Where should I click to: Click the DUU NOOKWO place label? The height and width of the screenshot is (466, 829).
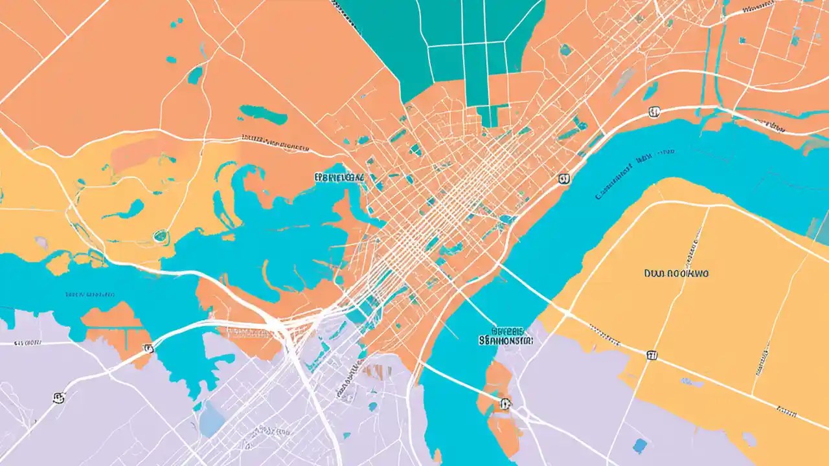(676, 274)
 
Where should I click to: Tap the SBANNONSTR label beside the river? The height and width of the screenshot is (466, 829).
(505, 339)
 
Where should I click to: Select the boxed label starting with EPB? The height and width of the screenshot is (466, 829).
(339, 176)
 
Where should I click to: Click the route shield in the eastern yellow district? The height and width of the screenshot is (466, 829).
(651, 353)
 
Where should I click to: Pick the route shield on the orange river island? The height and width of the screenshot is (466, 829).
(505, 405)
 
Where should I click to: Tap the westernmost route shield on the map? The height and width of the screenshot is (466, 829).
(58, 397)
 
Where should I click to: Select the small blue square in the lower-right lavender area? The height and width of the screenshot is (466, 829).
(639, 445)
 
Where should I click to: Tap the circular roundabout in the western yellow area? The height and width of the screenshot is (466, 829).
(159, 236)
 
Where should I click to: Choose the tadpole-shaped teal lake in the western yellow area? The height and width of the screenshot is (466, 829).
(126, 210)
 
